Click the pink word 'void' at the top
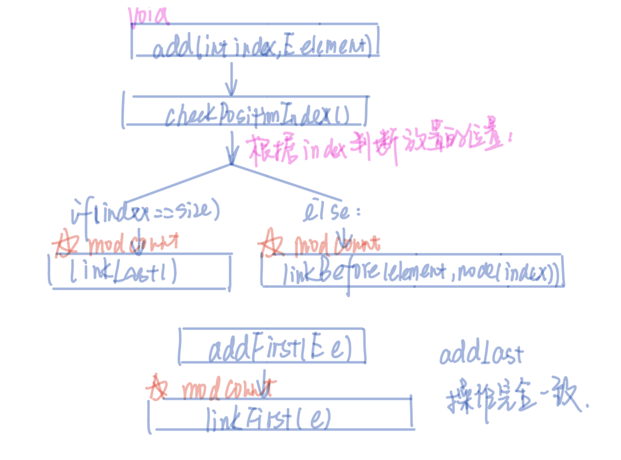(x=149, y=17)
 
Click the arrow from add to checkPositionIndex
(x=231, y=80)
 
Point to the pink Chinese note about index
(x=378, y=148)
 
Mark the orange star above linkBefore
(x=270, y=245)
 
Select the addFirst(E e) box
(x=273, y=346)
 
